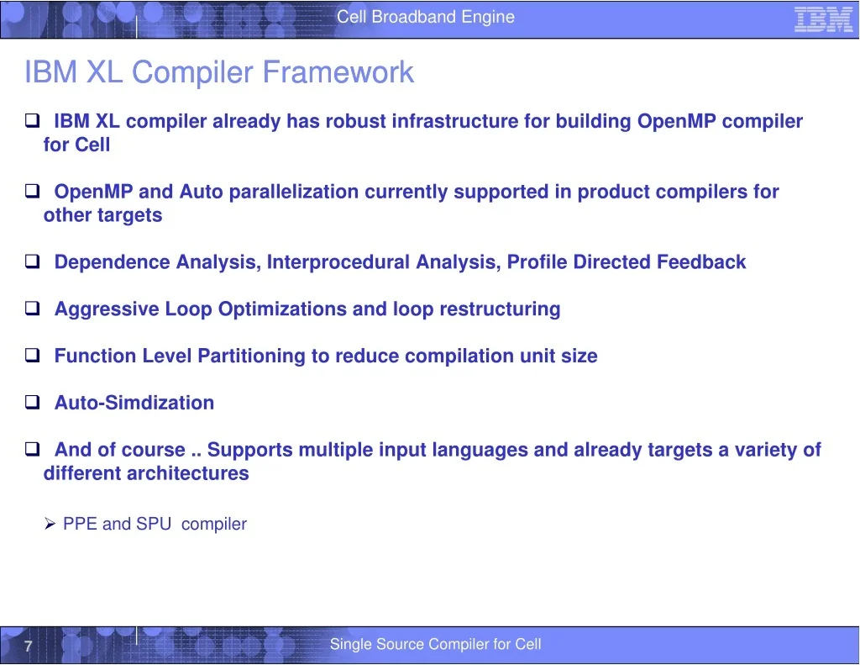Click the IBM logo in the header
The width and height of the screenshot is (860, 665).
coord(823,20)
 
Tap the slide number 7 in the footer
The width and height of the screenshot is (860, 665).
coord(29,646)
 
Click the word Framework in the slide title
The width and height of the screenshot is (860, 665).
coord(338,72)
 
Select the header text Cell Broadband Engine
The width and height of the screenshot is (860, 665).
coord(426,17)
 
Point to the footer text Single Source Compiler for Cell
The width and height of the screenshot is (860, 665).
coord(436,644)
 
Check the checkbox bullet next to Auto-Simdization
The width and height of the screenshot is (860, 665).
coord(33,402)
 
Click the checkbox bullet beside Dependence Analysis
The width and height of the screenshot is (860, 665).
coord(33,261)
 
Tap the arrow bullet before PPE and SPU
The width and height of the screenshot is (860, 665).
coord(50,524)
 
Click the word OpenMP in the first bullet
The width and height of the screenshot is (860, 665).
coord(676,121)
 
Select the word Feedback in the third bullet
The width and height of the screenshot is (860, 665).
coord(701,262)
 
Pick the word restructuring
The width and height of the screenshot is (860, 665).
coord(500,309)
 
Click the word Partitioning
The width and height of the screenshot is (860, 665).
coord(251,356)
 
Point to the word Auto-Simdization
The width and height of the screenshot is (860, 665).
coord(134,403)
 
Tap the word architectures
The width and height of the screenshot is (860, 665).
coord(188,472)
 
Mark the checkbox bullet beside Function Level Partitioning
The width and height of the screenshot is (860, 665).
coord(33,356)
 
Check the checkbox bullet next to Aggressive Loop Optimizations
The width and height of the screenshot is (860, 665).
coord(33,309)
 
